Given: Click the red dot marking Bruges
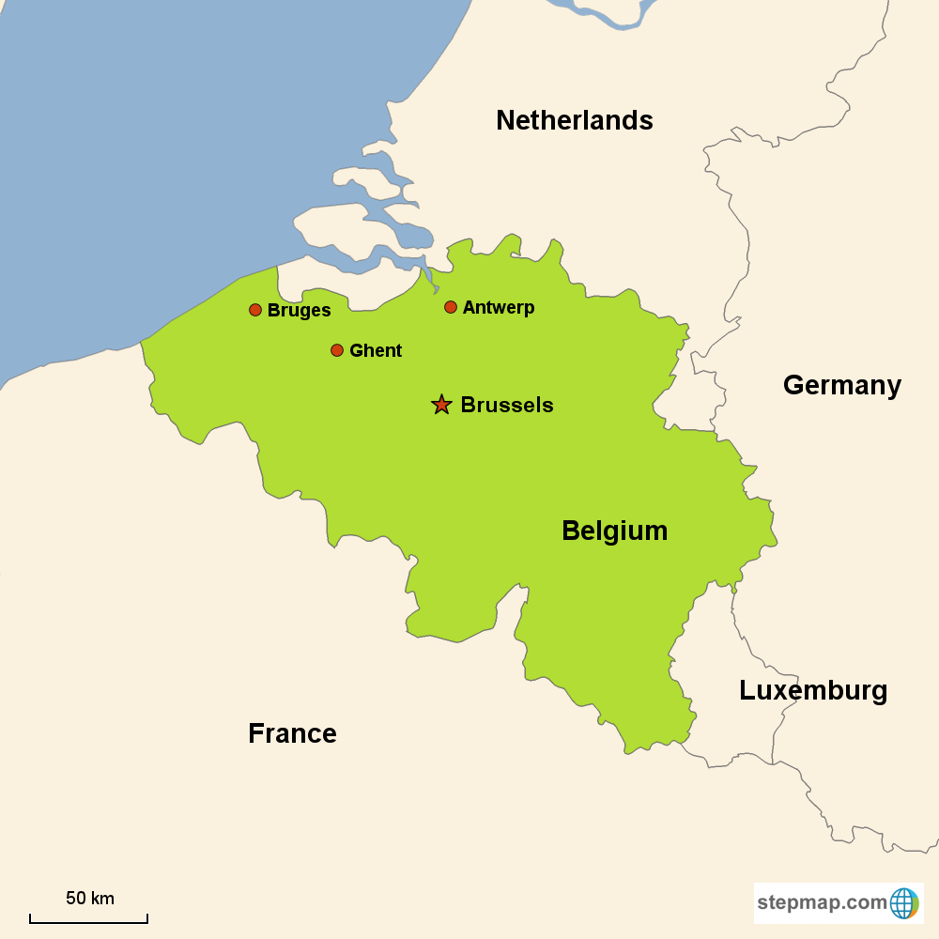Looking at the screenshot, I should click(255, 310).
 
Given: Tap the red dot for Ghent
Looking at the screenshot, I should click(337, 350).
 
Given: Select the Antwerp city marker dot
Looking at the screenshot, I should click(451, 307).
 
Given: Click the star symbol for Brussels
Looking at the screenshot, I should click(441, 405).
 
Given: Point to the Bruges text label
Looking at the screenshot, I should click(299, 311).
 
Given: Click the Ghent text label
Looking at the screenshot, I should click(376, 351).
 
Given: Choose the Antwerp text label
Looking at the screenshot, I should click(499, 308).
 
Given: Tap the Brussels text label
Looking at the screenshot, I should click(507, 406).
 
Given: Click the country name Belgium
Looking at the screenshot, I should click(614, 531).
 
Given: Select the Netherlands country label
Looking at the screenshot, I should click(575, 120).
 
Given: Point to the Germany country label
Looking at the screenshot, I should click(842, 385).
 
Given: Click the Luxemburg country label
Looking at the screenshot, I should click(813, 691).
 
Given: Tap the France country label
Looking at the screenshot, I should click(292, 733).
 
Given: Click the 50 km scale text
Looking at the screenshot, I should click(90, 899).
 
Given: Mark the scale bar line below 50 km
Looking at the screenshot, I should click(88, 920).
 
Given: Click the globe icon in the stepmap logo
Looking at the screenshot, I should click(903, 903).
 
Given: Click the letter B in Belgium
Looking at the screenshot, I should click(571, 531).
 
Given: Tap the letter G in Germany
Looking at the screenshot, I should click(793, 385).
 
